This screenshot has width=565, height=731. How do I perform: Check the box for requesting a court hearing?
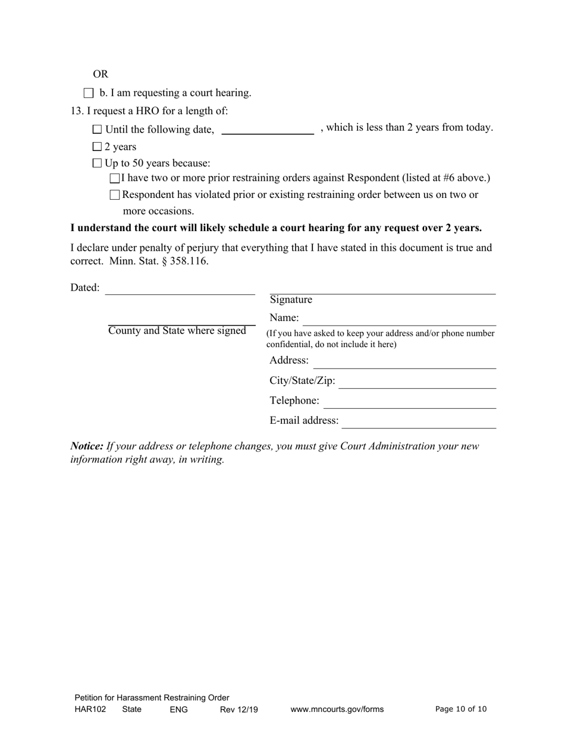[89, 93]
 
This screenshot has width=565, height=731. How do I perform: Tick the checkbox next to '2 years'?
[98, 147]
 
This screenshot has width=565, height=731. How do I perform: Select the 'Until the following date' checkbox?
[98, 130]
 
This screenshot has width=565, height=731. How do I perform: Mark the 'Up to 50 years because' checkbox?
[98, 163]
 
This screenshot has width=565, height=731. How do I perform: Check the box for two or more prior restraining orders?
[115, 178]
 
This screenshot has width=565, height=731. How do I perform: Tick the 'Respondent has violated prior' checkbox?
[115, 195]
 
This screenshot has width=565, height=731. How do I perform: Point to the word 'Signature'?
[291, 300]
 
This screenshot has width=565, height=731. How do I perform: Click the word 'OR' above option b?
[101, 74]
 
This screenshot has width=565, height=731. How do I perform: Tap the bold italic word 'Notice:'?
[87, 446]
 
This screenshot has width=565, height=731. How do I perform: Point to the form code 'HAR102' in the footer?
[90, 710]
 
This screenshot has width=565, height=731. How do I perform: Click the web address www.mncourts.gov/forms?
[337, 710]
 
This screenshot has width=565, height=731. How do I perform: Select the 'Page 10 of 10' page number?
[461, 709]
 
